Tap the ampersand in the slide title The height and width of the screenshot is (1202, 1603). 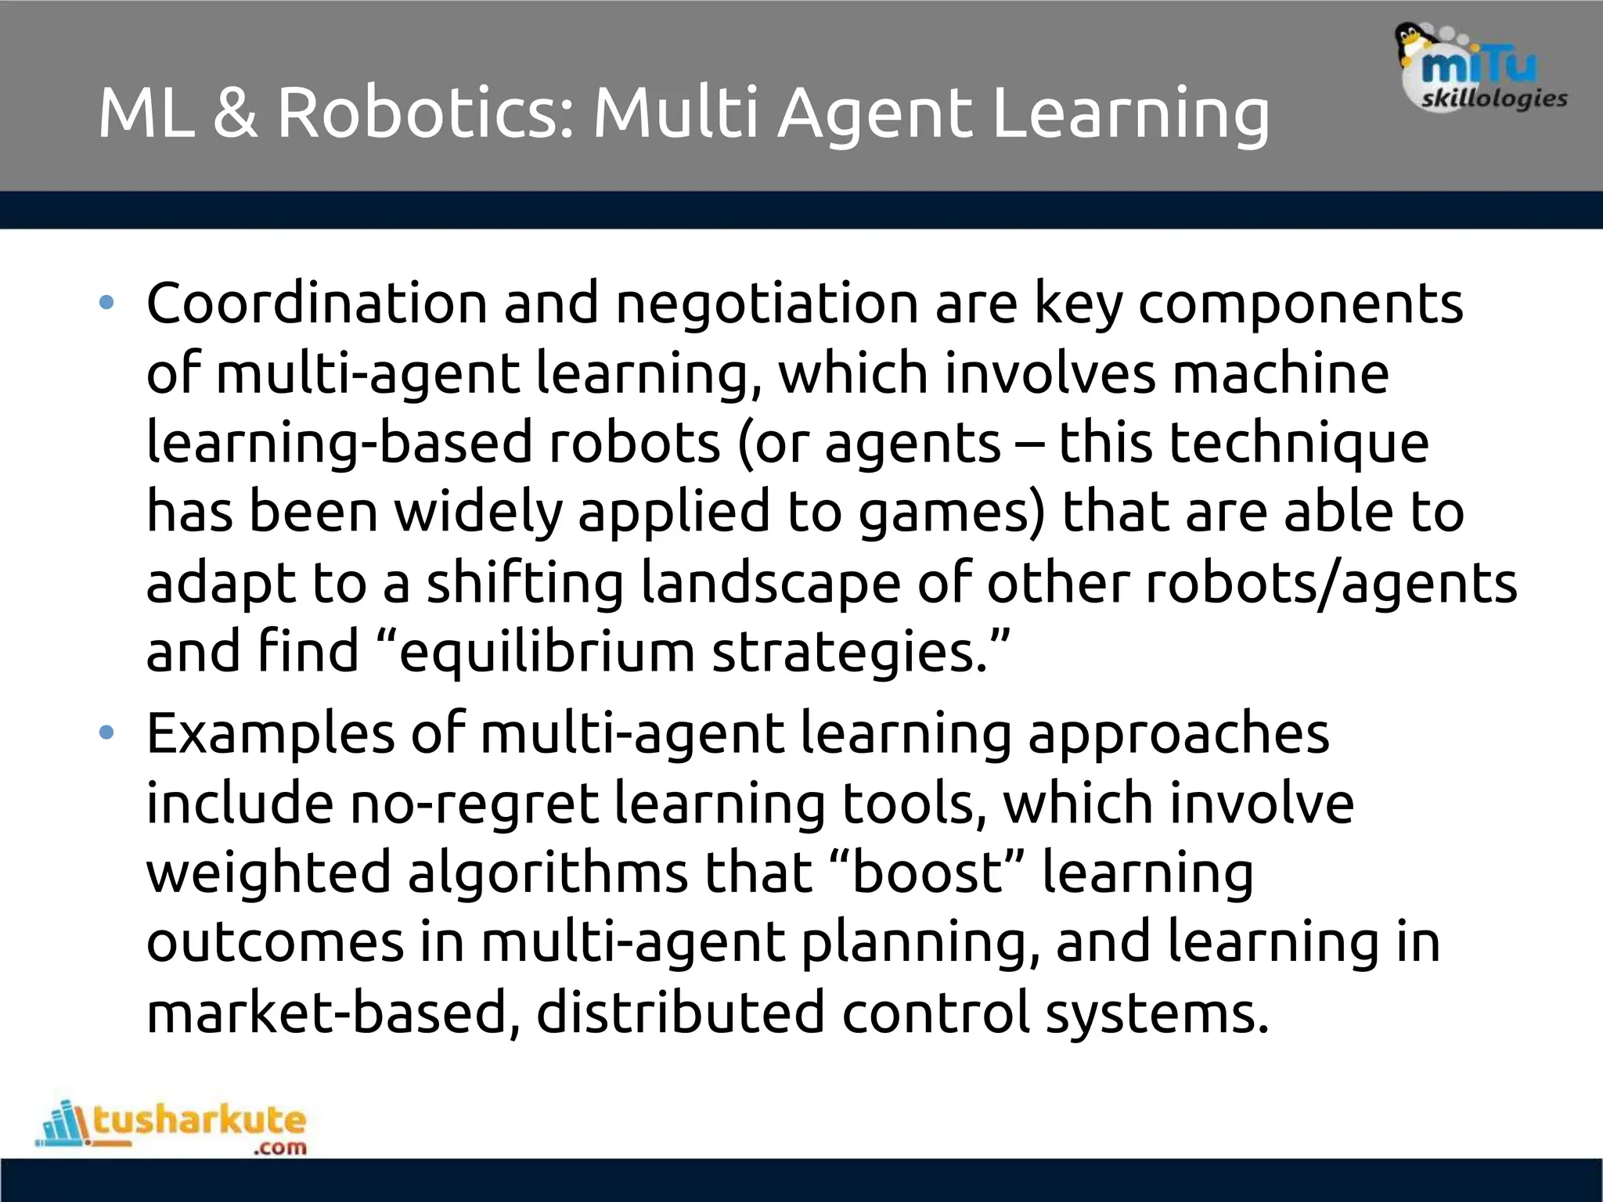[x=234, y=113]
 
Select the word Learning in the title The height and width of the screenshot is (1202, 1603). [x=1130, y=114]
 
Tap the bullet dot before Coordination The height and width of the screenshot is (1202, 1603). [x=107, y=303]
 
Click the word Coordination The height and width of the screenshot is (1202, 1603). [x=316, y=303]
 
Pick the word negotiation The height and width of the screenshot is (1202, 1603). [x=766, y=303]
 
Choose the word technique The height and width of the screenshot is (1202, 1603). [x=1244, y=443]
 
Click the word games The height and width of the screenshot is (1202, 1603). [x=951, y=513]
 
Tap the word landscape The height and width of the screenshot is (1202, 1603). [x=770, y=584]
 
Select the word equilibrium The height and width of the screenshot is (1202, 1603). [x=546, y=653]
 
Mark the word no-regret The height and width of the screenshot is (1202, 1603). [x=474, y=804]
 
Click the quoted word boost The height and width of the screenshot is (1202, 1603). [x=927, y=873]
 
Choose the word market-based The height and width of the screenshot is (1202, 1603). [x=333, y=1012]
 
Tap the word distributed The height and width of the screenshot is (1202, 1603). [x=680, y=1012]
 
